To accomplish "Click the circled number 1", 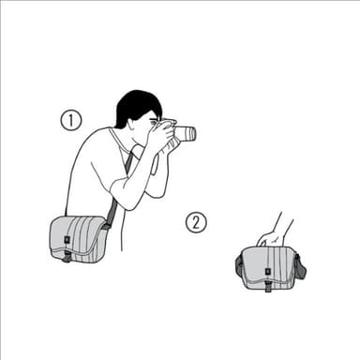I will pyautogui.click(x=71, y=119).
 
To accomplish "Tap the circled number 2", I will pyautogui.click(x=196, y=222).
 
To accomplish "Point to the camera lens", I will pyautogui.click(x=186, y=134).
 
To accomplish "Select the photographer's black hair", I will pyautogui.click(x=135, y=105).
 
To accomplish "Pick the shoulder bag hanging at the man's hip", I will pyautogui.click(x=79, y=237).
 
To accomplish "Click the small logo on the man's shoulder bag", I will pyautogui.click(x=67, y=241).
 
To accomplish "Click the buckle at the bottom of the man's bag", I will pyautogui.click(x=65, y=257).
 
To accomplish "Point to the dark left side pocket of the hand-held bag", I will pyautogui.click(x=239, y=269).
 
